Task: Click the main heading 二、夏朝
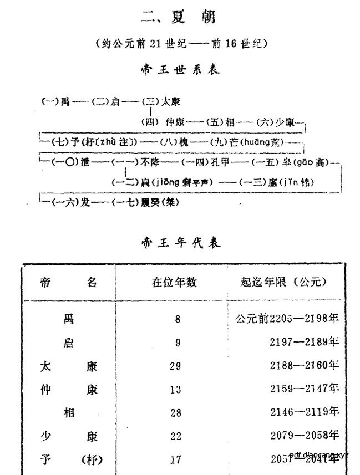(x=178, y=17)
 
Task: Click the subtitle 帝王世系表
(x=180, y=70)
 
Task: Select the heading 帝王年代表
(x=180, y=242)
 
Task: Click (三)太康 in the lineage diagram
(x=161, y=102)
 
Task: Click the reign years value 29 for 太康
(x=175, y=366)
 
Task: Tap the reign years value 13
(x=175, y=390)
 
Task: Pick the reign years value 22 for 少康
(x=176, y=436)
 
